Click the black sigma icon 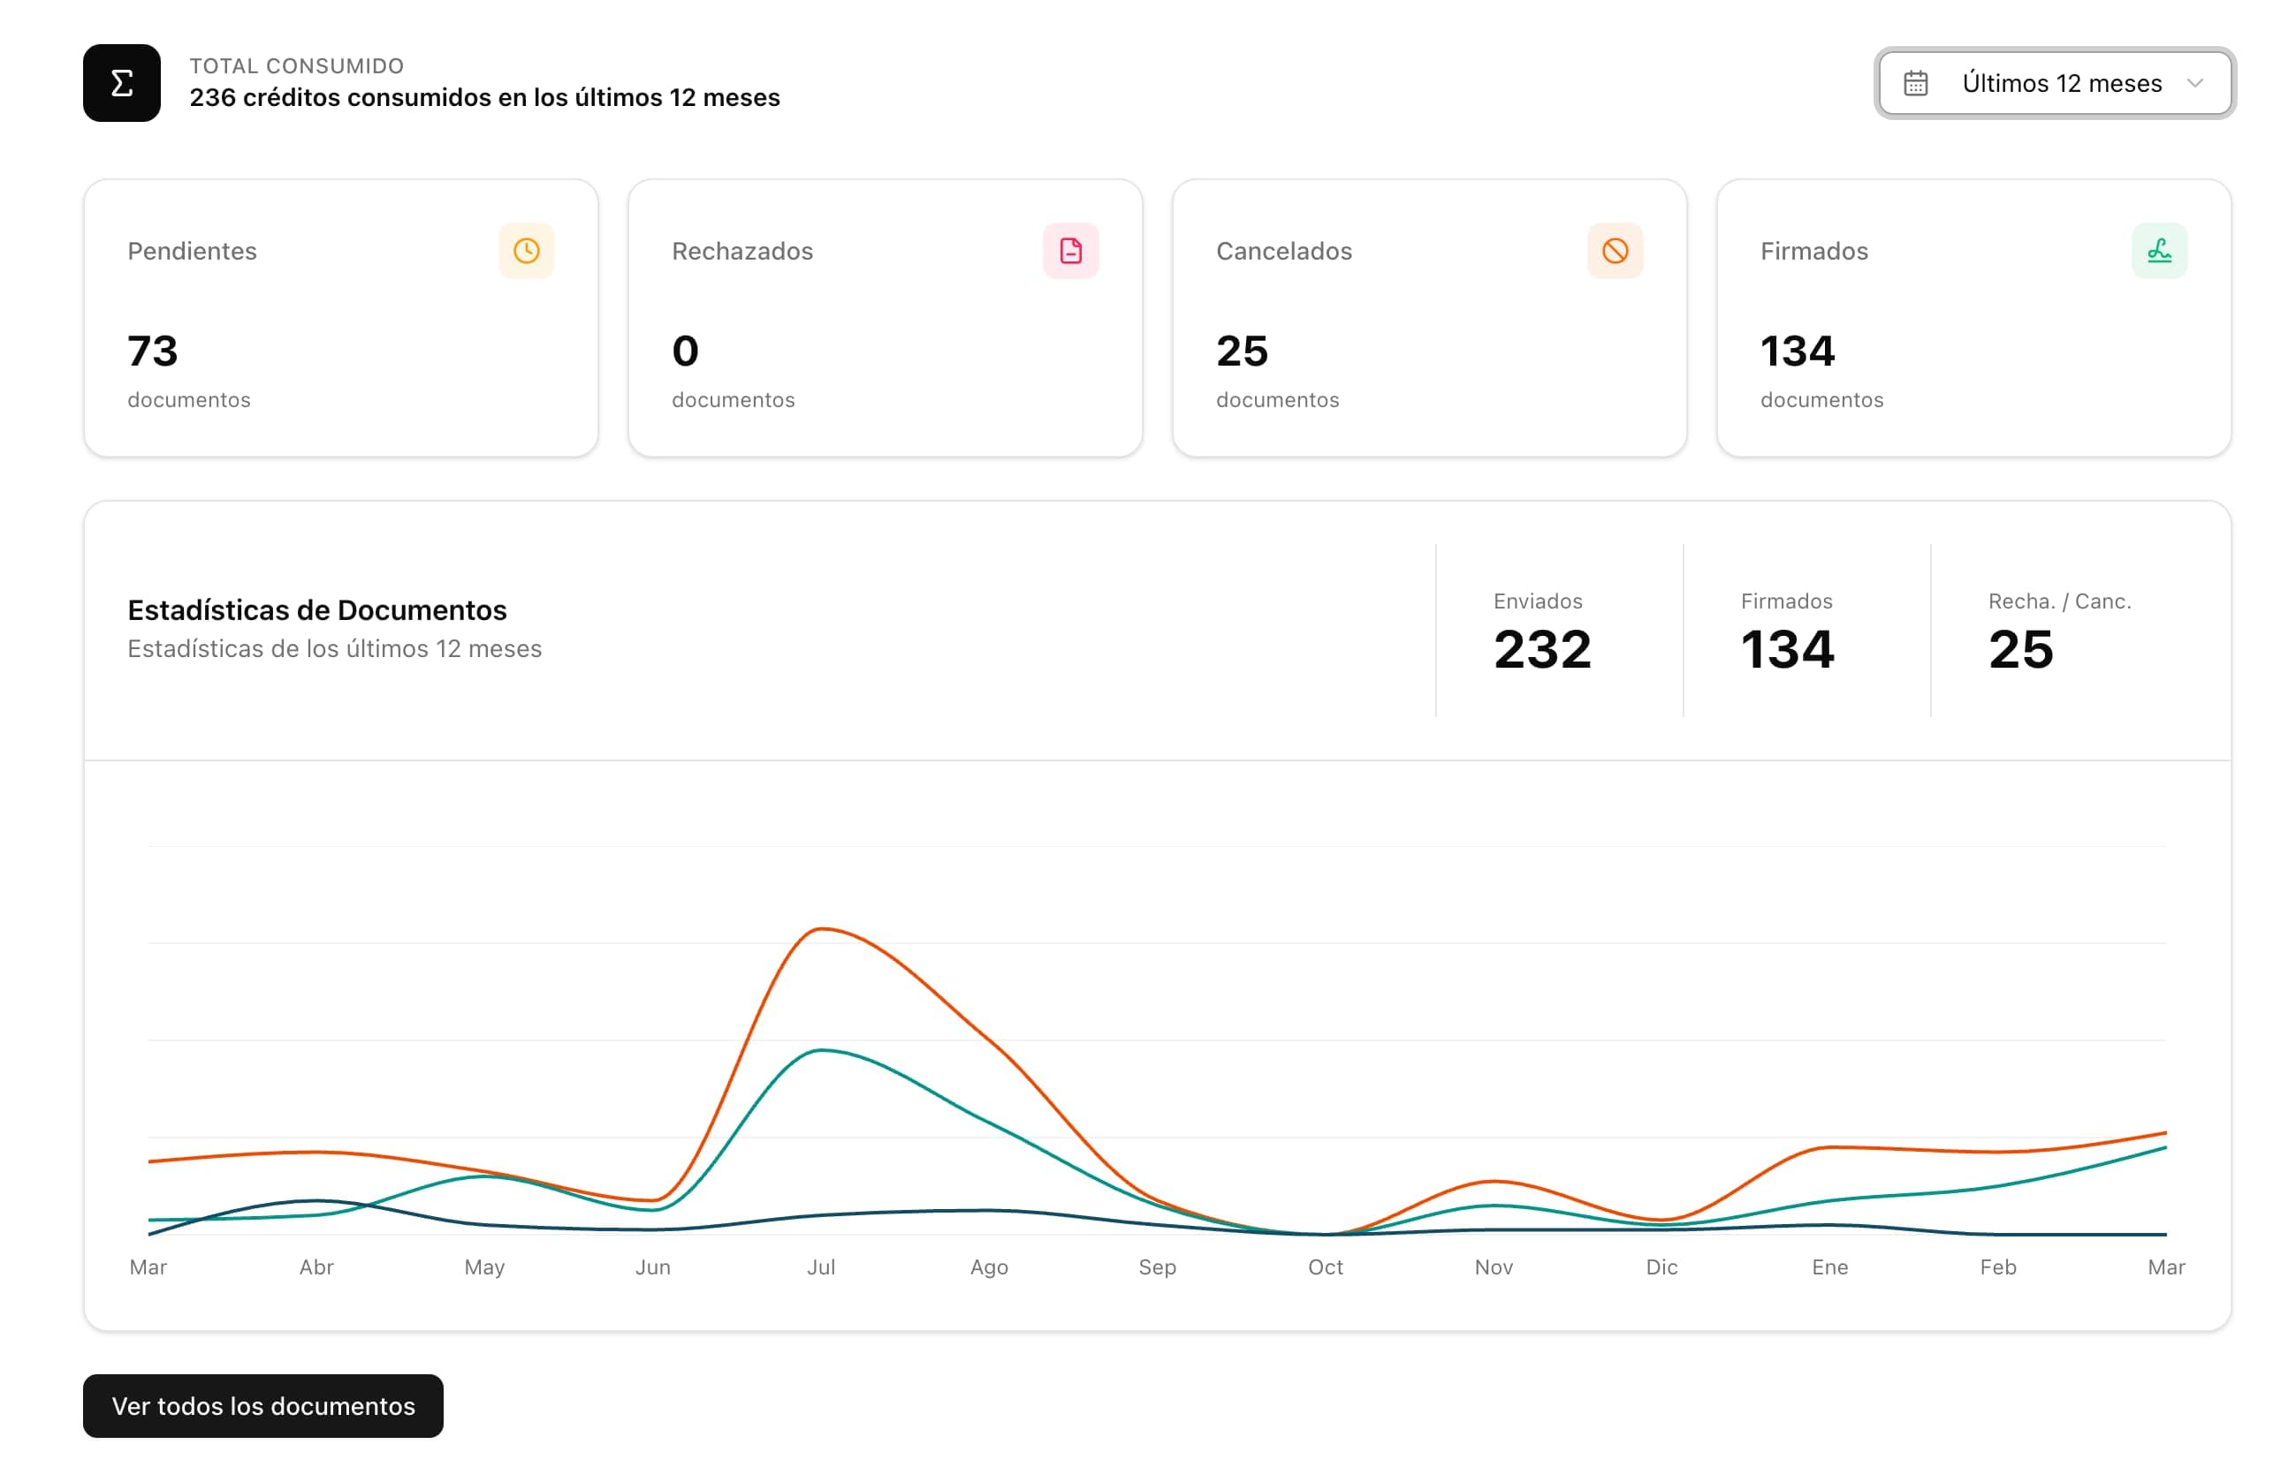tap(121, 83)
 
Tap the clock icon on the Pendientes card tap(527, 251)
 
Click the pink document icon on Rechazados tap(1070, 251)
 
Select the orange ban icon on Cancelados tap(1615, 251)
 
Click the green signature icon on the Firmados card tap(2158, 251)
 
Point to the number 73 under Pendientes tap(153, 351)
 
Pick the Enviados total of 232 tap(1541, 648)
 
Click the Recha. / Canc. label tap(2059, 601)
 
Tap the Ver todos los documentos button tap(262, 1405)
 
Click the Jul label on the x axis tap(820, 1267)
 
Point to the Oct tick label tap(1325, 1267)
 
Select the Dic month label tap(1661, 1267)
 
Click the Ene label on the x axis tap(1829, 1267)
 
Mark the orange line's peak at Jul tap(821, 928)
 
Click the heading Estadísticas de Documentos tap(316, 610)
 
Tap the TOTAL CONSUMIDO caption tap(297, 65)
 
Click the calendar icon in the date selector tap(1915, 84)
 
